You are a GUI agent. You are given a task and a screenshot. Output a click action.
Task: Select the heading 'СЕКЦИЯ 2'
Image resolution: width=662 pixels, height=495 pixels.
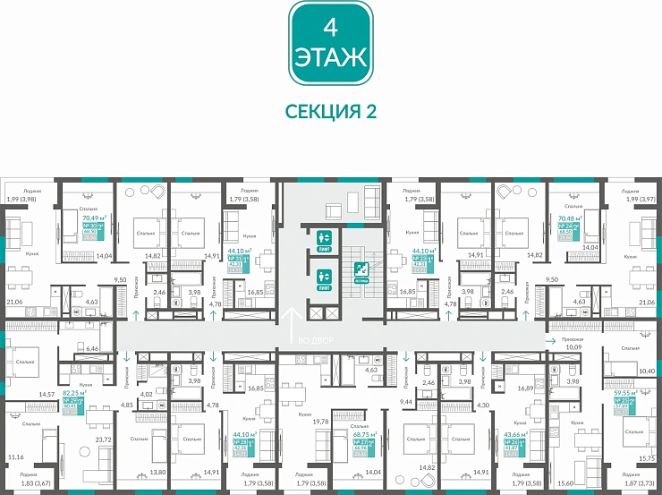330,111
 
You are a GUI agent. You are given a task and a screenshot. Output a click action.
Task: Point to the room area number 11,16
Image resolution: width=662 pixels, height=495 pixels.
15,457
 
